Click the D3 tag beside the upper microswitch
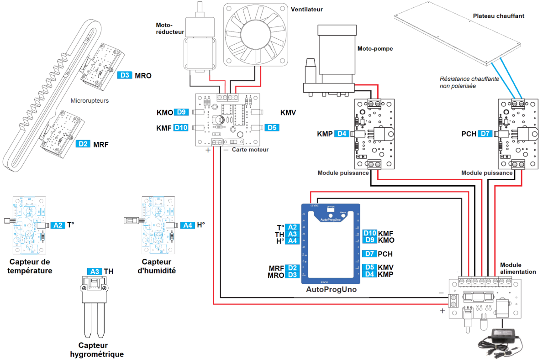point(125,75)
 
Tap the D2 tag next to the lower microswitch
point(83,144)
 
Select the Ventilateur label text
point(306,8)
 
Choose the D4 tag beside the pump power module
point(342,134)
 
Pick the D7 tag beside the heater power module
point(486,134)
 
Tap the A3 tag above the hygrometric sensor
point(95,271)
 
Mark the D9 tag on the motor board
point(182,112)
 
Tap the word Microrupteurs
point(90,101)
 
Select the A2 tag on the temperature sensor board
point(58,225)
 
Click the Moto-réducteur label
point(170,28)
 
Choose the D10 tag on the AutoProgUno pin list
point(370,233)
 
